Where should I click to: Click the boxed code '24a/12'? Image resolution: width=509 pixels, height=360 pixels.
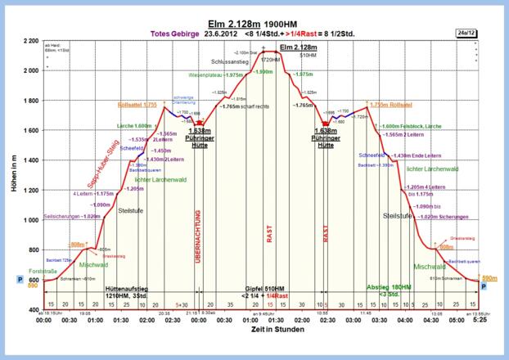pos(467,32)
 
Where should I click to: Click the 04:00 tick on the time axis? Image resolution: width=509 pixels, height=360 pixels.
pos(404,320)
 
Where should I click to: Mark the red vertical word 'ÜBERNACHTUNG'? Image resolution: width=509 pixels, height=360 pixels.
pos(197,236)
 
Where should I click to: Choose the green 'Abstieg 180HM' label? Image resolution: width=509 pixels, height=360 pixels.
pos(390,287)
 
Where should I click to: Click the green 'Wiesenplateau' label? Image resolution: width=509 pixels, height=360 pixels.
pos(207,74)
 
